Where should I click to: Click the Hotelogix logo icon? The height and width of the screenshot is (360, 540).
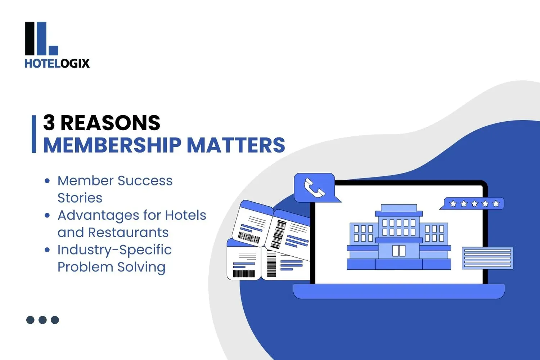point(41,39)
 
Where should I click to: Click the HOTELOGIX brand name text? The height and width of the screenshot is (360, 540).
point(57,63)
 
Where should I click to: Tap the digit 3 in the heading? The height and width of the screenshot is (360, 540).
point(49,123)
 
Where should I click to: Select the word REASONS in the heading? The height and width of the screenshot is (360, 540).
point(110,123)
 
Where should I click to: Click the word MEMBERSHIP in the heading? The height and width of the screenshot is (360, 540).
point(112,145)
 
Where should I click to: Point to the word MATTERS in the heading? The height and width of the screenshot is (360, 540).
point(236,145)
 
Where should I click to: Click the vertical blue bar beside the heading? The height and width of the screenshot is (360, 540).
point(34,134)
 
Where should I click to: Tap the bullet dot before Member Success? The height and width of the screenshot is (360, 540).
point(47,181)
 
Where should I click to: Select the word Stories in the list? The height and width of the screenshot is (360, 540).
point(80,198)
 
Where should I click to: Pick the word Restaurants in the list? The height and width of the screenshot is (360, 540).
point(128,233)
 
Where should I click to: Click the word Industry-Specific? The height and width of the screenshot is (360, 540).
point(114,249)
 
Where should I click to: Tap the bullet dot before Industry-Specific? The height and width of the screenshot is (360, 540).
point(47,250)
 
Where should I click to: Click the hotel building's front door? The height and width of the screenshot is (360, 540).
point(399,251)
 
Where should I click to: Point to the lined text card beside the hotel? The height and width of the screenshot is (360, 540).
point(487,258)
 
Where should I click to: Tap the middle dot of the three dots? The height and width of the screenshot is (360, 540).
point(42,320)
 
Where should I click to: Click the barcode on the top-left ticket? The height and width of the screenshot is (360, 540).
point(248,238)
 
